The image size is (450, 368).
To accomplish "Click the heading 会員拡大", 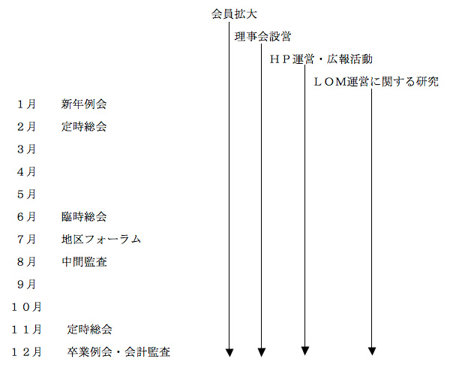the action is click(x=234, y=14).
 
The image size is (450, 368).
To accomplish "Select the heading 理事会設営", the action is click(x=263, y=37).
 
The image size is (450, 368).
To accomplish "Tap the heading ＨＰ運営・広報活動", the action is click(x=321, y=59).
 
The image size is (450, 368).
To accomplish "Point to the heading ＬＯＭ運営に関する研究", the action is click(x=376, y=82).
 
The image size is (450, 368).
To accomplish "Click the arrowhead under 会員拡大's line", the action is click(x=229, y=352).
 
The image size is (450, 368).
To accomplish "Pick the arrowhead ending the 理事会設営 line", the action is click(x=262, y=352).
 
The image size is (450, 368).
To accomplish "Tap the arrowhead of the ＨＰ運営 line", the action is click(x=305, y=351).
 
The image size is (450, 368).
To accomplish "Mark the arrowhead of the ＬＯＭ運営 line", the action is click(x=372, y=351).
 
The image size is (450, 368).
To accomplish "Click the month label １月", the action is click(x=26, y=104).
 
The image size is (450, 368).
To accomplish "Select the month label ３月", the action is click(x=26, y=149).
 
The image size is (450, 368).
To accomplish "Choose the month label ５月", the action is click(x=26, y=195).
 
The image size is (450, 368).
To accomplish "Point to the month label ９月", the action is click(x=26, y=285).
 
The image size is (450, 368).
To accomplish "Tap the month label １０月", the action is click(x=26, y=307).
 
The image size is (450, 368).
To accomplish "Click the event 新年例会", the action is click(x=84, y=104).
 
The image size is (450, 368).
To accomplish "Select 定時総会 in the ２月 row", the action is click(x=84, y=127).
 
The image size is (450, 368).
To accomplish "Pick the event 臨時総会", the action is click(x=84, y=216).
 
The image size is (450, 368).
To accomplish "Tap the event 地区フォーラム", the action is click(x=101, y=240).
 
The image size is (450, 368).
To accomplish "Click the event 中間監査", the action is click(x=84, y=261).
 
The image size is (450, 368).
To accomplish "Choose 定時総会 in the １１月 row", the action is click(x=89, y=329).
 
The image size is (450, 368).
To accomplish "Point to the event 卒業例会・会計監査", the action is click(x=118, y=352).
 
